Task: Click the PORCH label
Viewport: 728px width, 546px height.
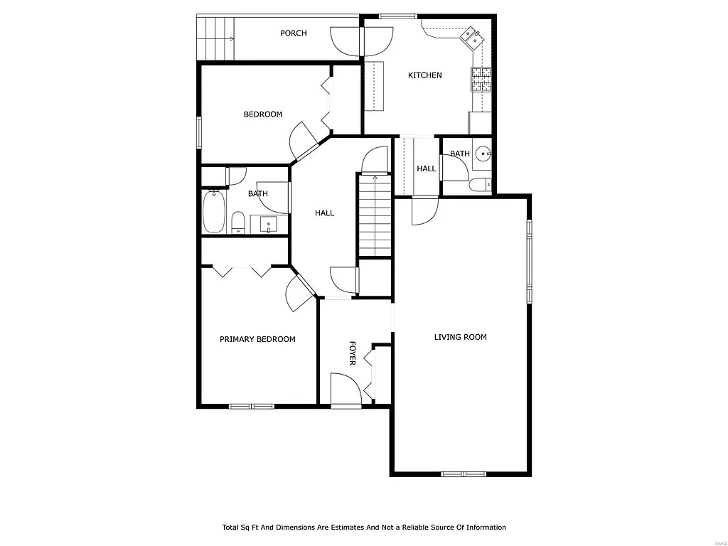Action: [294, 33]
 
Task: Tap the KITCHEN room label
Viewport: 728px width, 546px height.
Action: [424, 75]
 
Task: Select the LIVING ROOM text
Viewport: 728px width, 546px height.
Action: [460, 337]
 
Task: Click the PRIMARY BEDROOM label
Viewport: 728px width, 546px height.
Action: [257, 339]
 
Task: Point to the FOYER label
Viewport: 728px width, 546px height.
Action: [352, 353]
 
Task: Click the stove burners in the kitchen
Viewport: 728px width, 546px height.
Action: [481, 80]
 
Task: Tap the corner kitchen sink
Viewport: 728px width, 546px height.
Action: [471, 36]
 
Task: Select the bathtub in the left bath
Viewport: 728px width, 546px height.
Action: [213, 212]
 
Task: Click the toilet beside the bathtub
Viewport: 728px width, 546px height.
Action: [238, 223]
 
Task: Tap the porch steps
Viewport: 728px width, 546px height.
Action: [215, 38]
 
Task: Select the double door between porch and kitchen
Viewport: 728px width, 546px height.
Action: [363, 41]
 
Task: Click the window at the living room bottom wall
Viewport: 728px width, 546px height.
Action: [464, 473]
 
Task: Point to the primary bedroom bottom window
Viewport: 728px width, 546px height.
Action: [252, 407]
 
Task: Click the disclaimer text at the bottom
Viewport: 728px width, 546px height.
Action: [364, 528]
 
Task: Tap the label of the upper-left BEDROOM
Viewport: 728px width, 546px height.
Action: [262, 114]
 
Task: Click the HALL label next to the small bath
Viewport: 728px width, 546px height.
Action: [426, 168]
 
